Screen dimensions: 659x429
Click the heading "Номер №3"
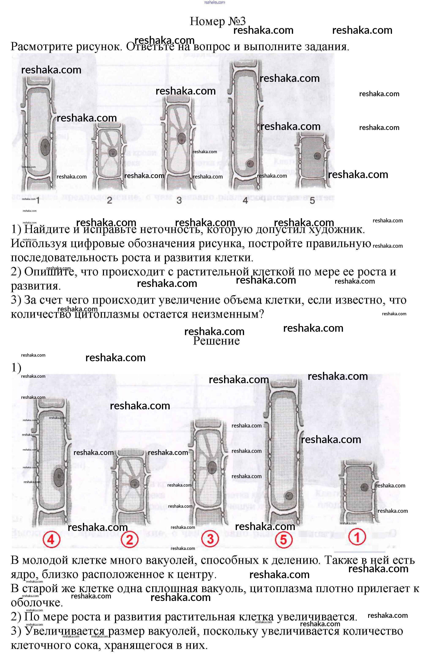coord(217,21)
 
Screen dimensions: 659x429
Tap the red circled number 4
coord(51,540)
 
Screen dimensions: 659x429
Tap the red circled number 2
coord(130,540)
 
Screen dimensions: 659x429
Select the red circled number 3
coord(210,539)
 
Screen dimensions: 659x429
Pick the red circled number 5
coord(283,540)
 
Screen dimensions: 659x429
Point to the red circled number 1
coord(357,537)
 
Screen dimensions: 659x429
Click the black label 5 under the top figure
coord(312,200)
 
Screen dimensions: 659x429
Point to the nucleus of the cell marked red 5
coord(289,496)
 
